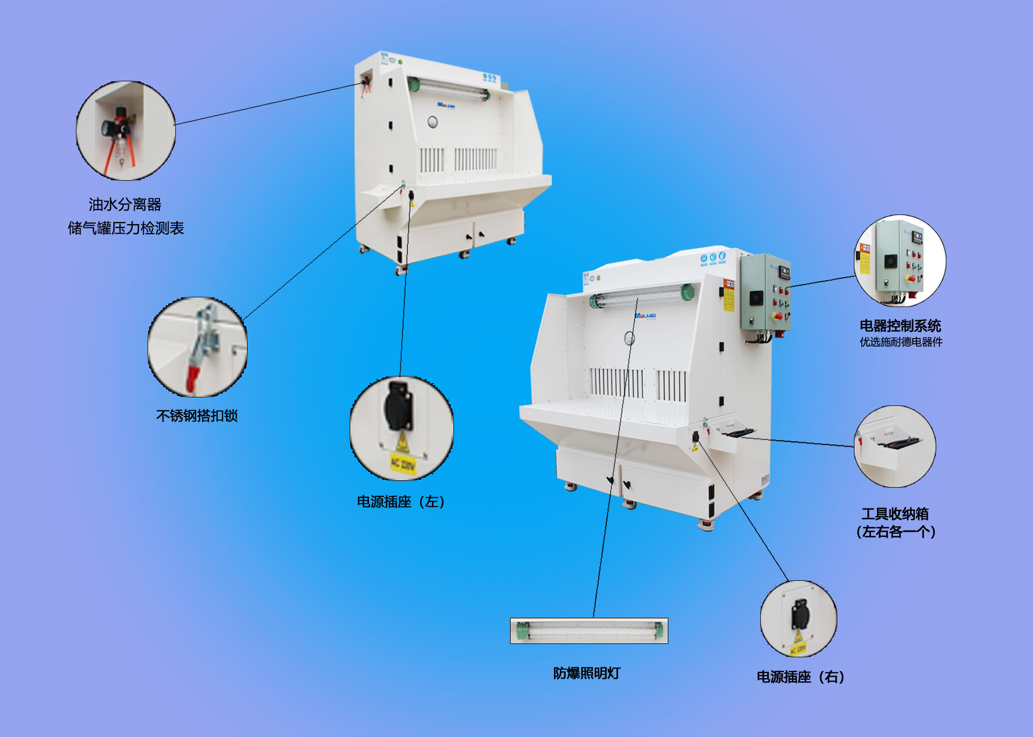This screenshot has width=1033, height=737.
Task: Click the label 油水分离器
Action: click(x=125, y=204)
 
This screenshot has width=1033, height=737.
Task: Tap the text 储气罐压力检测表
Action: click(x=126, y=228)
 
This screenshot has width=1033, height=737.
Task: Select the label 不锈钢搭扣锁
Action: click(x=197, y=416)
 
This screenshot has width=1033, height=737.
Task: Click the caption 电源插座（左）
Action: click(x=401, y=502)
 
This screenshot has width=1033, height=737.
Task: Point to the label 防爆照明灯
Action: click(x=587, y=673)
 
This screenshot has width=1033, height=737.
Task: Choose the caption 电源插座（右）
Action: click(x=800, y=677)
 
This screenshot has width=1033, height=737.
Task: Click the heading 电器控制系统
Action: click(x=900, y=325)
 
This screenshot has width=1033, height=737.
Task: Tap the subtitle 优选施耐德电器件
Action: click(x=901, y=342)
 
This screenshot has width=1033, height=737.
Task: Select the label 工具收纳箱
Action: click(x=895, y=513)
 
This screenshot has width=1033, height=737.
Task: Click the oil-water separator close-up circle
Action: click(x=126, y=130)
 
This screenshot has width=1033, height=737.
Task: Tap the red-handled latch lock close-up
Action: click(x=197, y=347)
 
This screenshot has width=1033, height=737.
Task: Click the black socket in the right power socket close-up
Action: click(x=800, y=613)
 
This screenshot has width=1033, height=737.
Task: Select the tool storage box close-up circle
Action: click(x=895, y=447)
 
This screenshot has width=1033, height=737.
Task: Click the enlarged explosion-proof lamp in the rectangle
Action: click(x=589, y=631)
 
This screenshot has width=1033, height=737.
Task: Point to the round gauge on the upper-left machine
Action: click(x=433, y=122)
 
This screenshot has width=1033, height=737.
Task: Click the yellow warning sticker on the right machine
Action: click(x=729, y=294)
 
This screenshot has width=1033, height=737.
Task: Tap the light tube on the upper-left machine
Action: click(x=449, y=89)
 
